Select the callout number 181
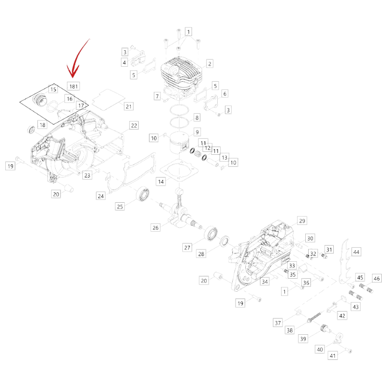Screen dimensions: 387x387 point(74,87)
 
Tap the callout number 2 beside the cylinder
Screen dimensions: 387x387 point(209,64)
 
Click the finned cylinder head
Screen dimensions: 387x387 point(181,74)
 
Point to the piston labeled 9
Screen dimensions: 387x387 point(179,143)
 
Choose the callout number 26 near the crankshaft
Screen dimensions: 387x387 point(155,227)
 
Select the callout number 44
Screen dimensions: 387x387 point(356,252)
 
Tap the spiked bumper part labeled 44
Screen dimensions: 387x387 point(344,262)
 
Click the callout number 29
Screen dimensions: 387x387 point(302,221)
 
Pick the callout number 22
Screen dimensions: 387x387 point(134,125)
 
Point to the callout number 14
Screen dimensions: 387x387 point(161,182)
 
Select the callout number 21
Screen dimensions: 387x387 point(129,106)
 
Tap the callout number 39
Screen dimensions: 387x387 point(303,339)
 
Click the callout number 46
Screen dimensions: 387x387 point(377,279)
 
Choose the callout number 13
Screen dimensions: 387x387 point(224,158)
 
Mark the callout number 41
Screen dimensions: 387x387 point(333,356)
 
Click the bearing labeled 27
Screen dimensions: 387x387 point(211,233)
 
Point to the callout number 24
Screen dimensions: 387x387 point(101,196)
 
